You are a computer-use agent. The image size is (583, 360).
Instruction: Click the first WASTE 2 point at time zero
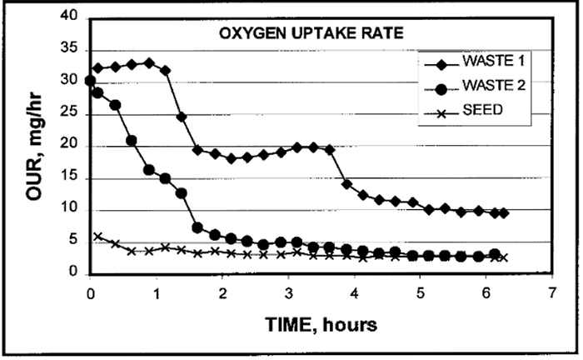point(90,80)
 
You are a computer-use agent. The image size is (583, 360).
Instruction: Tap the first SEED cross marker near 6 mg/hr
point(97,237)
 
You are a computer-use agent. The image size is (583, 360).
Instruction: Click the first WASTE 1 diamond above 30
point(97,67)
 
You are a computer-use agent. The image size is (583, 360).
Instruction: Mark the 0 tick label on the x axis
point(90,294)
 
